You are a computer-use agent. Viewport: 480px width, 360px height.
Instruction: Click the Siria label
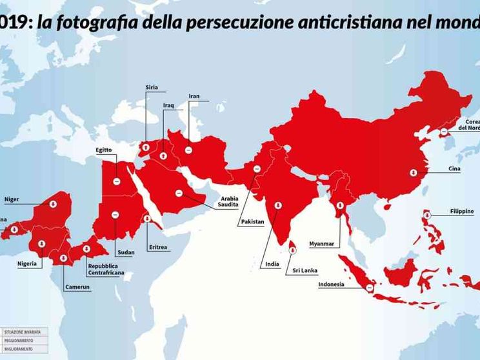pyautogui.click(x=151, y=88)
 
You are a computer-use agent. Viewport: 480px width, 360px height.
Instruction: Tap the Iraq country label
pyautogui.click(x=168, y=105)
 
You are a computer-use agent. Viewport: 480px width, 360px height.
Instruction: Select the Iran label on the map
pyautogui.click(x=194, y=96)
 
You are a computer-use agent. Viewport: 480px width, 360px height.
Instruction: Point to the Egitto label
pyautogui.click(x=104, y=150)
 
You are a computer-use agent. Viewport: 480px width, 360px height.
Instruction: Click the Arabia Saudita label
pyautogui.click(x=230, y=201)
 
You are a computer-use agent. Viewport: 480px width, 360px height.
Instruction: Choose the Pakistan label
pyautogui.click(x=252, y=222)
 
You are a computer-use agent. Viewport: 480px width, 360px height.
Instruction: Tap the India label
pyautogui.click(x=272, y=264)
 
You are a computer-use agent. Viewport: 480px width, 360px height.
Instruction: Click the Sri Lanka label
pyautogui.click(x=305, y=271)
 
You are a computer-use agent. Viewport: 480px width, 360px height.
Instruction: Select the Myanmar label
pyautogui.click(x=321, y=244)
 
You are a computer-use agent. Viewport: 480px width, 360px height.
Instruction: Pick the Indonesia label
pyautogui.click(x=331, y=285)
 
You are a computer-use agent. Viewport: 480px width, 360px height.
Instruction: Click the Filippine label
pyautogui.click(x=461, y=211)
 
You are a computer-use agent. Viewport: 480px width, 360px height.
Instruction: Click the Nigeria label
pyautogui.click(x=27, y=263)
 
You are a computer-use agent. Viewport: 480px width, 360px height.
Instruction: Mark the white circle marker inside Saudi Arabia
pyautogui.click(x=179, y=192)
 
